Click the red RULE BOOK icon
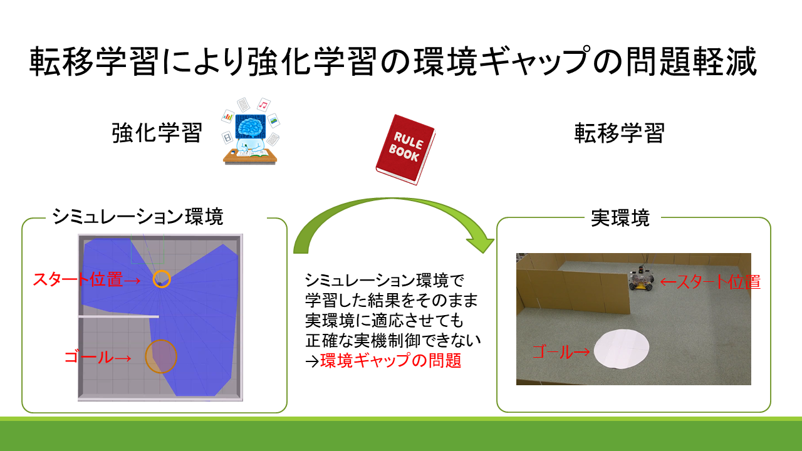(x=405, y=149)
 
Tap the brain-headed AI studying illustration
(x=250, y=131)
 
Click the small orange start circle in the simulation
(x=162, y=279)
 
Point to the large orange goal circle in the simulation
(x=161, y=356)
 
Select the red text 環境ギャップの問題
(x=390, y=360)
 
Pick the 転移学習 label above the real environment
(x=620, y=133)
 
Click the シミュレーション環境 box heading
(x=138, y=217)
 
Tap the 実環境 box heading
(x=620, y=218)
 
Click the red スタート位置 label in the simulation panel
(x=78, y=279)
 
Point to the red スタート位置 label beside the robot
(x=718, y=282)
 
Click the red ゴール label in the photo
(x=553, y=352)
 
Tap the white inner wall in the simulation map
(x=118, y=316)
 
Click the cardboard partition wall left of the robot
(x=573, y=292)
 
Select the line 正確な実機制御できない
(x=393, y=340)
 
